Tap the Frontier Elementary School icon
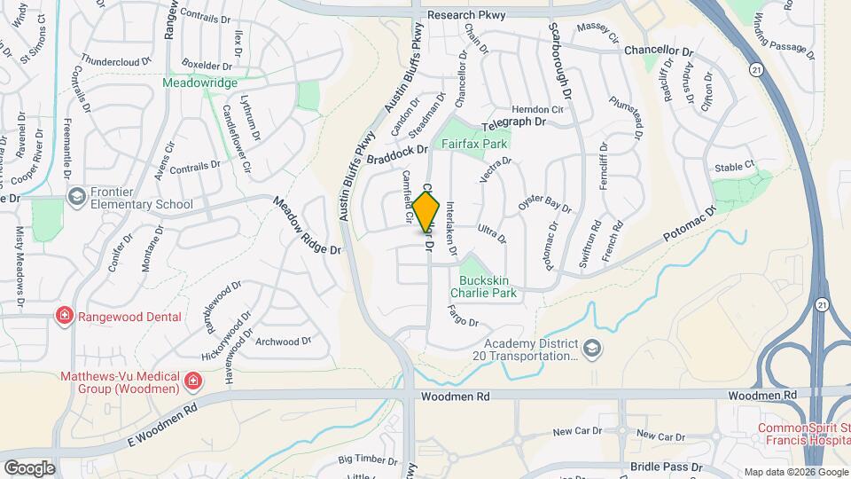point(76,195)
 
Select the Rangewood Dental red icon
point(64,317)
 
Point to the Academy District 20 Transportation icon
point(592,346)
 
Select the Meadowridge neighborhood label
point(199,82)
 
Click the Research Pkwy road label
point(464,15)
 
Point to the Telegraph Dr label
point(511,123)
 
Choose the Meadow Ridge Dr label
point(308,226)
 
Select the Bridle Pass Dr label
point(667,467)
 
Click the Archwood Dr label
point(283,341)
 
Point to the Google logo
point(29,467)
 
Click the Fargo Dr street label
point(464,316)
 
